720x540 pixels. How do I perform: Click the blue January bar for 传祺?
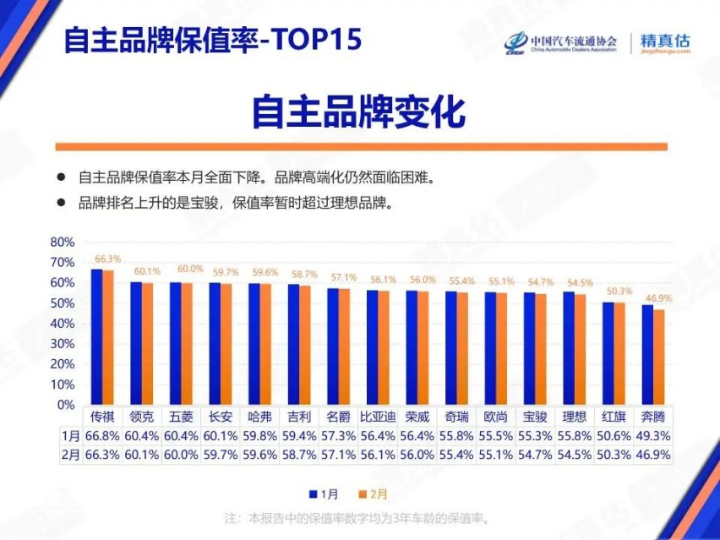click(x=96, y=337)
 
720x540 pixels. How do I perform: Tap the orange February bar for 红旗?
click(x=620, y=353)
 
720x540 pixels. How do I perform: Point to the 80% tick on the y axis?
click(x=63, y=242)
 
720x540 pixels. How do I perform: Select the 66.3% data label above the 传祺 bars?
click(x=107, y=259)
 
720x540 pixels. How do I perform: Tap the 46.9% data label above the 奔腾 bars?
click(x=659, y=298)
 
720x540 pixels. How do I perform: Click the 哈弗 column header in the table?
click(x=260, y=417)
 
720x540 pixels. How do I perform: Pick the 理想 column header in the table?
click(x=575, y=417)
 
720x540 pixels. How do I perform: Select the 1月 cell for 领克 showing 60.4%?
click(x=142, y=436)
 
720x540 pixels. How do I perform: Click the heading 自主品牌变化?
click(x=359, y=112)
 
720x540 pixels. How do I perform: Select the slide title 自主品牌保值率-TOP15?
click(x=212, y=40)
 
